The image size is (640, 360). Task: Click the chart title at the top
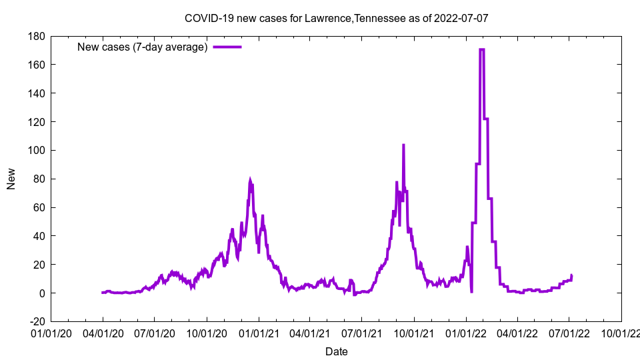[x=336, y=18]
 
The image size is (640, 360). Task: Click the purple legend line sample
[x=227, y=47]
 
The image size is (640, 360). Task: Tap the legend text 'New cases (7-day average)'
[x=143, y=47]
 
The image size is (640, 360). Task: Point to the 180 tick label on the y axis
[x=36, y=36]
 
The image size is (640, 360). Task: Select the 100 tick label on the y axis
[x=36, y=150]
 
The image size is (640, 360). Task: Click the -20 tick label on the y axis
[x=36, y=321]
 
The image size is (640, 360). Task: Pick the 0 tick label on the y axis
[x=41, y=293]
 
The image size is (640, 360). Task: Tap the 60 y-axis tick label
[x=39, y=207]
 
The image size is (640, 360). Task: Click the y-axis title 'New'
[x=11, y=179]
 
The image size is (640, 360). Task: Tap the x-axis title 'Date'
[x=336, y=351]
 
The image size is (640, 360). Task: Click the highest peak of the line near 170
[x=481, y=49]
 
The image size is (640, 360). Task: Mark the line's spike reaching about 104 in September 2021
[x=403, y=145]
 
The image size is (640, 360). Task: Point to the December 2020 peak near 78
[x=250, y=181]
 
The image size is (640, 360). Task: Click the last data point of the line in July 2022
[x=571, y=275]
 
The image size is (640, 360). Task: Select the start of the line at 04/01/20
[x=102, y=293]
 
